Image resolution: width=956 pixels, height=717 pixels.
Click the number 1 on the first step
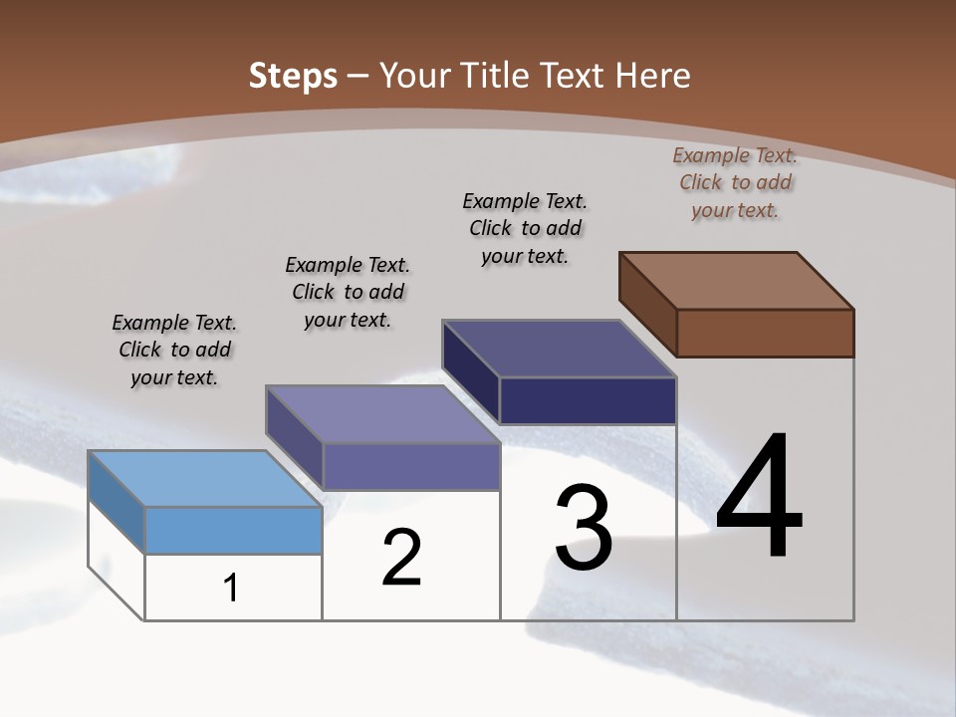[231, 588]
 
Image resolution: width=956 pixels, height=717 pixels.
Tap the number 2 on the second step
[402, 558]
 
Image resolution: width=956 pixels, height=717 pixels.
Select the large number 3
[584, 528]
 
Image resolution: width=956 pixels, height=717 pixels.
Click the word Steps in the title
[293, 76]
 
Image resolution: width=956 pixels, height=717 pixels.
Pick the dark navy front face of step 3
[588, 401]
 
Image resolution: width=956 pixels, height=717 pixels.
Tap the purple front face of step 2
[410, 466]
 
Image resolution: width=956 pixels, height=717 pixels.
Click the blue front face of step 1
[233, 530]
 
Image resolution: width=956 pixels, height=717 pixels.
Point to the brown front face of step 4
[765, 333]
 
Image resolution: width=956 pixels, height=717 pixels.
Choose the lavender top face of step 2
[382, 413]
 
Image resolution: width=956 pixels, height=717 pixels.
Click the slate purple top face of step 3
[560, 349]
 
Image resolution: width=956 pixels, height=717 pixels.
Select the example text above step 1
[174, 350]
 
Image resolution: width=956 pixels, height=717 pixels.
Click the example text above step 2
[348, 292]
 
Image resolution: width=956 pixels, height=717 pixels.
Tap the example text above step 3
[525, 228]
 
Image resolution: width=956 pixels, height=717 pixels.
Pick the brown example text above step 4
[735, 182]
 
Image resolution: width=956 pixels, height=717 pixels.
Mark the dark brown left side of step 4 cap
[647, 304]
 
